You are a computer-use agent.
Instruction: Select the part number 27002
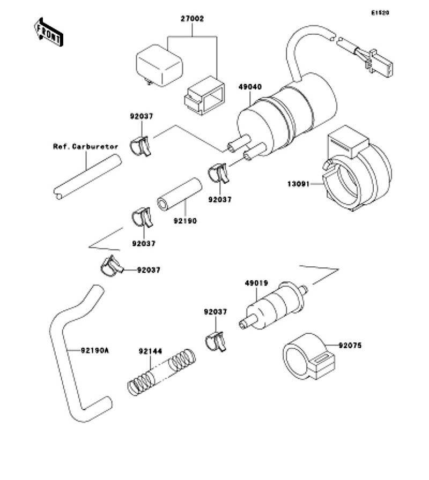[x=193, y=19]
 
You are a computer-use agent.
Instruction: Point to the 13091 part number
[x=299, y=183]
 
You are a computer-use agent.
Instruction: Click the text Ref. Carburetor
[x=85, y=146]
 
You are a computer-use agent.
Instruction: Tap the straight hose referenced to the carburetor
[x=86, y=177]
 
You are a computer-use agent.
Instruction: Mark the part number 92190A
[x=95, y=351]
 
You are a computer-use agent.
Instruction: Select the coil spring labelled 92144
[x=161, y=371]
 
